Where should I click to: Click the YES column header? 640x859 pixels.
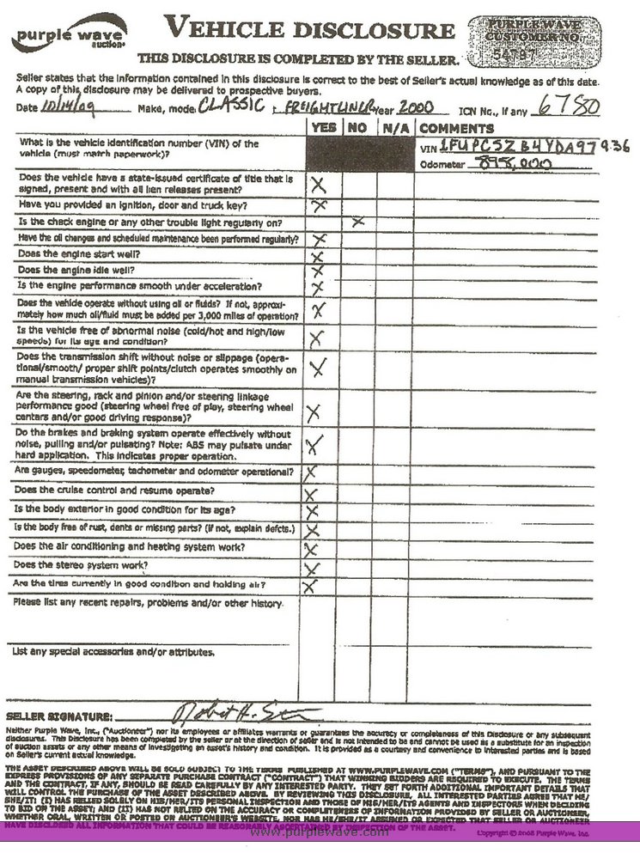[x=322, y=127]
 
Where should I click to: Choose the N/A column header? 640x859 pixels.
[x=394, y=127]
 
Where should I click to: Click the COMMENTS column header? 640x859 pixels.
[x=457, y=127]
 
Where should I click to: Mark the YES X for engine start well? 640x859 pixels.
[x=317, y=256]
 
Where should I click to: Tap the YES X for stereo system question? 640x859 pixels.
[x=311, y=568]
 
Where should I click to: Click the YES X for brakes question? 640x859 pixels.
[x=314, y=443]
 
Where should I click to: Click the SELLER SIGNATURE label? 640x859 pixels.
[x=59, y=716]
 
